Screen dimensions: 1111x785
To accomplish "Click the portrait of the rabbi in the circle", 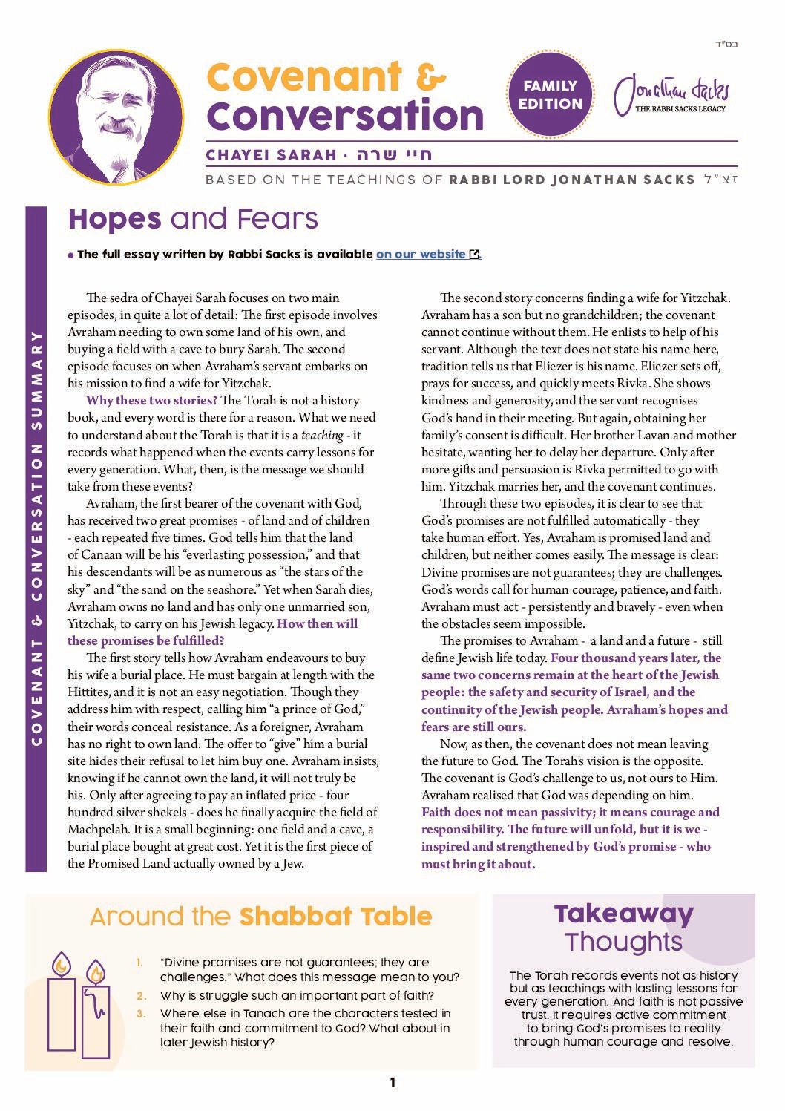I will pyautogui.click(x=116, y=117).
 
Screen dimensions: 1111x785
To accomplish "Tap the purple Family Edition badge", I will pyautogui.click(x=550, y=94).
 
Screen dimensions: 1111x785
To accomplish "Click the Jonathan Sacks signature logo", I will pyautogui.click(x=671, y=95).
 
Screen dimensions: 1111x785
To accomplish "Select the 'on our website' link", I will pyautogui.click(x=421, y=254).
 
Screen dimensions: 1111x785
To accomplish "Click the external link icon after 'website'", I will pyautogui.click(x=475, y=255).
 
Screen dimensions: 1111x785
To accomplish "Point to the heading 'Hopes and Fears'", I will pyautogui.click(x=193, y=219).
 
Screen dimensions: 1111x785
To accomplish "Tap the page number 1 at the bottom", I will pyautogui.click(x=392, y=1083).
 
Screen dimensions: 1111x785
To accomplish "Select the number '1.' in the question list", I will pyautogui.click(x=139, y=963).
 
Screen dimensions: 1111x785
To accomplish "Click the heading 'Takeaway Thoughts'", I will pyautogui.click(x=623, y=927).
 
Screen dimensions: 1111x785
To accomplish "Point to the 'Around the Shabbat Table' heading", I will pyautogui.click(x=260, y=917).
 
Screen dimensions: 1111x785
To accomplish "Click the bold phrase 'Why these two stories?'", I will pyautogui.click(x=151, y=400).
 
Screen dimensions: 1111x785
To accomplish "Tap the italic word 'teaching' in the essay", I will pyautogui.click(x=322, y=435).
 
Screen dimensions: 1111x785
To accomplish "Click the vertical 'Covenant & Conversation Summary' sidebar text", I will pyautogui.click(x=36, y=538).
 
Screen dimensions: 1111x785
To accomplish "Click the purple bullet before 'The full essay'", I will pyautogui.click(x=70, y=255).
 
